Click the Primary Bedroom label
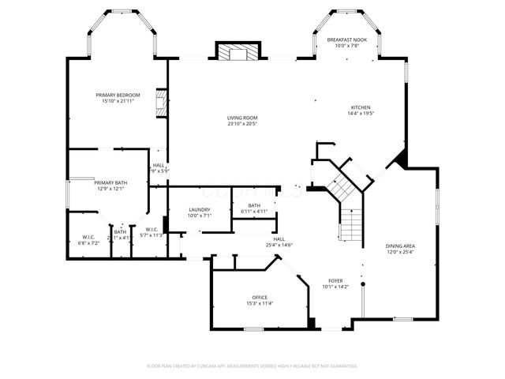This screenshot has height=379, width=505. point(112,95)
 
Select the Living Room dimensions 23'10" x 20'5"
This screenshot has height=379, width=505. point(242,123)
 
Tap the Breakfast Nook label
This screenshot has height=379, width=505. point(348,39)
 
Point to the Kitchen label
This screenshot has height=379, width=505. point(361,107)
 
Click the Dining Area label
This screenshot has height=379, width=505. point(400,246)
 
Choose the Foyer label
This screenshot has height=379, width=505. point(335,281)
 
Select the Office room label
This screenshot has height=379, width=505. point(259,297)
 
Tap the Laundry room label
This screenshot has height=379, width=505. point(199,210)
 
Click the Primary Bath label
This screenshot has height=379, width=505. point(110,182)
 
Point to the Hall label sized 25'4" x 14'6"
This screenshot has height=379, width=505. point(279,239)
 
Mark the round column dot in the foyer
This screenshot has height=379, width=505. point(363,283)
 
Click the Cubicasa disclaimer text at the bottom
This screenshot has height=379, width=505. point(252,366)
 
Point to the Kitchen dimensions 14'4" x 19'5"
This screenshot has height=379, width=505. point(361,113)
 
